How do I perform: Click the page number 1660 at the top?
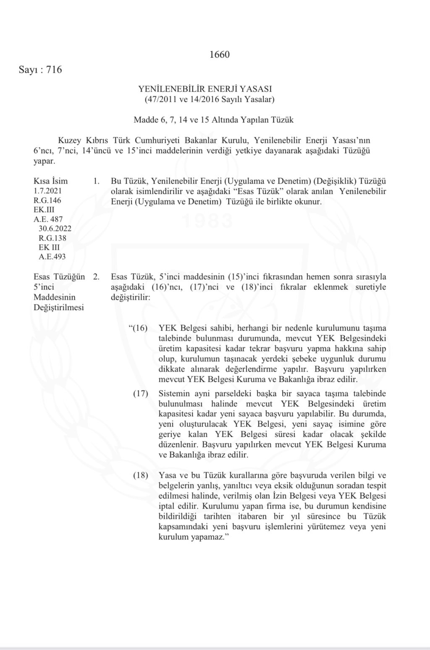[219, 55]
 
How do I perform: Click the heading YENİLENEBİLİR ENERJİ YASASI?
[205, 89]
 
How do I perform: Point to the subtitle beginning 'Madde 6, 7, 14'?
[213, 120]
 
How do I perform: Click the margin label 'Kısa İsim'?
[50, 181]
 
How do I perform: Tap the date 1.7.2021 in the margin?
[47, 191]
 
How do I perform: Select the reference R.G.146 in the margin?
[47, 201]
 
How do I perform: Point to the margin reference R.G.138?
[52, 238]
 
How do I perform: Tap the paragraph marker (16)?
[138, 328]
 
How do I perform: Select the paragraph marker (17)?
[141, 394]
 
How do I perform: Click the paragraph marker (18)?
[141, 475]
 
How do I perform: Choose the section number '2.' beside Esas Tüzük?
[96, 277]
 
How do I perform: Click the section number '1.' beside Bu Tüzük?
[96, 182]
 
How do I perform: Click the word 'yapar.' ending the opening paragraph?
[44, 161]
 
